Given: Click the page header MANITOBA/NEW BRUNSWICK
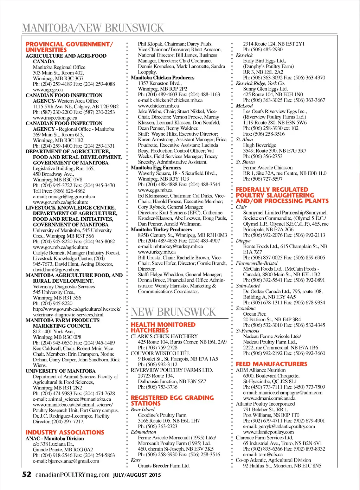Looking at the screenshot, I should [93, 28].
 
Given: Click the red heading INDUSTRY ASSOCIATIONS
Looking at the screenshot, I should [65, 432].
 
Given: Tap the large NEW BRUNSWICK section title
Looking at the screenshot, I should [173, 312].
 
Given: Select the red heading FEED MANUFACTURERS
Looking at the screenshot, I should [271, 364].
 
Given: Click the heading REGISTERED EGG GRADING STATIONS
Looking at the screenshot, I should [172, 400].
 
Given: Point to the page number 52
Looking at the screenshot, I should [27, 475].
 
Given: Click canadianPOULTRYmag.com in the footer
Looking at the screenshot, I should [72, 475].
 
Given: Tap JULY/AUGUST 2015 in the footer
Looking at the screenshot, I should [137, 475].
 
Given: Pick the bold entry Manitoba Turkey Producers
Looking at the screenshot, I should [161, 230].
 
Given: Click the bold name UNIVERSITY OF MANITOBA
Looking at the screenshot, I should [60, 371].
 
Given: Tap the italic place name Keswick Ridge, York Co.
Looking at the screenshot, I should [260, 83].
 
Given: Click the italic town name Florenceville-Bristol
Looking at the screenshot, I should [256, 263].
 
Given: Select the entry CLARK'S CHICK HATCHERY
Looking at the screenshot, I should [164, 336].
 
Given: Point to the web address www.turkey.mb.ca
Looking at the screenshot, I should [156, 252].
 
